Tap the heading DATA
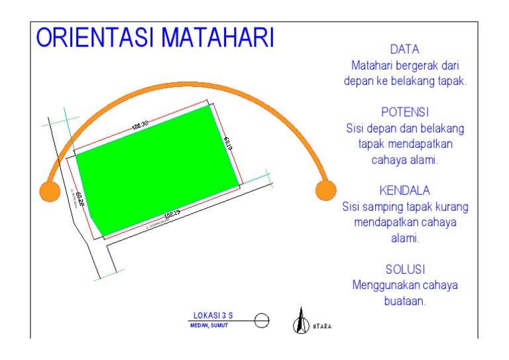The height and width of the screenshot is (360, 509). pos(405,50)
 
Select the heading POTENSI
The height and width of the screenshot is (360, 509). pos(405,112)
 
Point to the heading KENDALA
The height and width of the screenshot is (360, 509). pos(405,191)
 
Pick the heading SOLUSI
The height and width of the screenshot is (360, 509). pos(405,269)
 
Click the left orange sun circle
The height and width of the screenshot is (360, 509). pos(50,191)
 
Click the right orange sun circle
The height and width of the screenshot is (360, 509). pos(325,190)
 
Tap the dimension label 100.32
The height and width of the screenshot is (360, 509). pos(140,125)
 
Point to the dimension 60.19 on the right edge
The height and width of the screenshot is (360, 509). pos(227,144)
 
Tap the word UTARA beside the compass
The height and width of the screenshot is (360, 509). pos(322,326)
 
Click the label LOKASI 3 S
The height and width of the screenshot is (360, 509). pos(213,316)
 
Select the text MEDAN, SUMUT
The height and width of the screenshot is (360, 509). pos(208,326)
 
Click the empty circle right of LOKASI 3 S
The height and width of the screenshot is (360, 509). pos(262,321)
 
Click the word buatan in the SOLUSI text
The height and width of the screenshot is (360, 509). pos(405,300)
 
